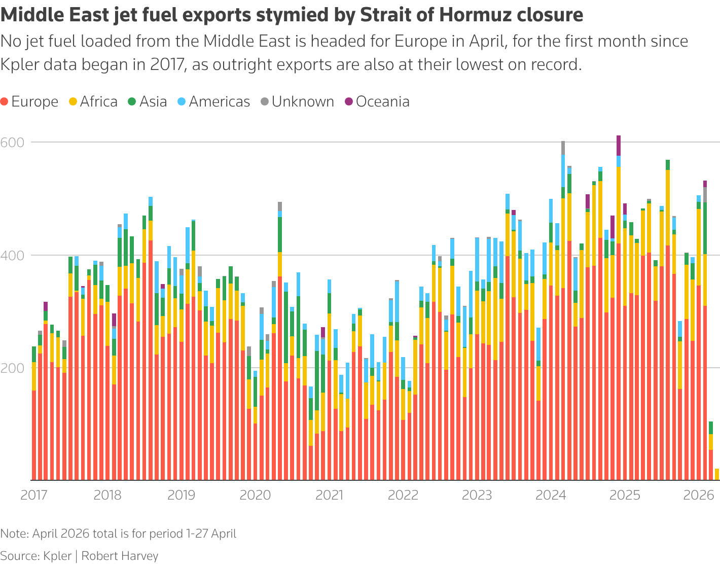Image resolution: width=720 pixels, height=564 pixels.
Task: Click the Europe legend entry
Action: [29, 102]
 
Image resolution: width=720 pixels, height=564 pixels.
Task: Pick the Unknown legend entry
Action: [297, 102]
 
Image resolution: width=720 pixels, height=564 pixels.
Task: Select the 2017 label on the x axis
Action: [34, 495]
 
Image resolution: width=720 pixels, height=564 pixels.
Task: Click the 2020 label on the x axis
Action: [255, 495]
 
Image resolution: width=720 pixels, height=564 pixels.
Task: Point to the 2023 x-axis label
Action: [477, 495]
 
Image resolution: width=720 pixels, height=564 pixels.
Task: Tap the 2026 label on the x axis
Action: [698, 495]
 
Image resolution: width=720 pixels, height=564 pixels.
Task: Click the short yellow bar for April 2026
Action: [717, 474]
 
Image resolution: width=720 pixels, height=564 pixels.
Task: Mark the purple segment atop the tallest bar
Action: [618, 146]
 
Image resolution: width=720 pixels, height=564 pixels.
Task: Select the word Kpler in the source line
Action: [57, 556]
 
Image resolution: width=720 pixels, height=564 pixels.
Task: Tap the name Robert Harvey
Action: [120, 556]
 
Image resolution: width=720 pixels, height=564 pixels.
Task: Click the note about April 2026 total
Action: [118, 534]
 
